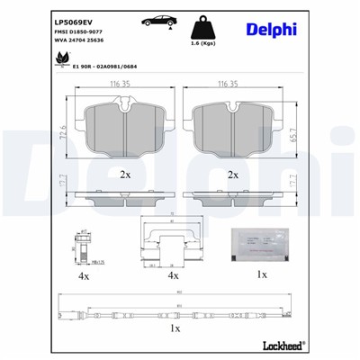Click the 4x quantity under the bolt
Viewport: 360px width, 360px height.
click(83, 276)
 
